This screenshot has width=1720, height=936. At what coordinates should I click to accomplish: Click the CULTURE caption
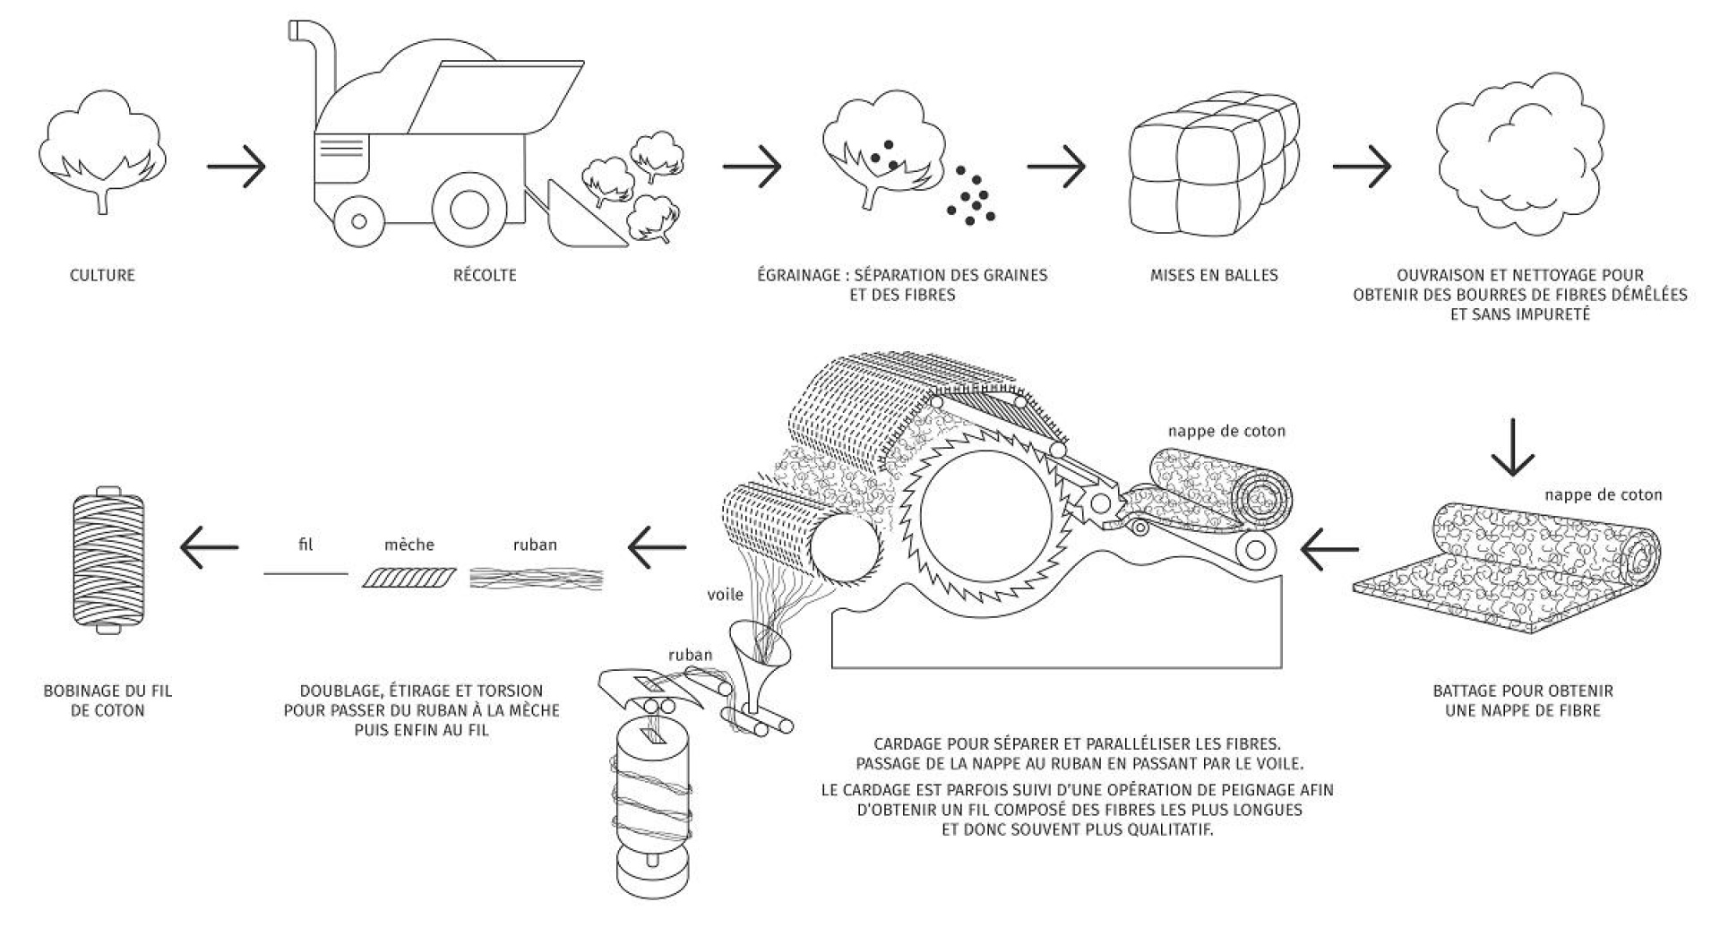pyautogui.click(x=102, y=275)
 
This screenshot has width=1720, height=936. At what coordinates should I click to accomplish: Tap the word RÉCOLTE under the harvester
pyautogui.click(x=485, y=275)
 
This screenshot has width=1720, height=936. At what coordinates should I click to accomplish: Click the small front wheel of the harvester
pyautogui.click(x=358, y=220)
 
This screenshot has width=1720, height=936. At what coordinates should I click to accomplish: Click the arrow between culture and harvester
pyautogui.click(x=236, y=167)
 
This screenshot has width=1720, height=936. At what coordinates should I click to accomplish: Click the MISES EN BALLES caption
pyautogui.click(x=1214, y=275)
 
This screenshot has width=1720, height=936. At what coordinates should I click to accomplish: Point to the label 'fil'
pyautogui.click(x=305, y=545)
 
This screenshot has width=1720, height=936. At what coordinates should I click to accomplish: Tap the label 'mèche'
pyautogui.click(x=409, y=545)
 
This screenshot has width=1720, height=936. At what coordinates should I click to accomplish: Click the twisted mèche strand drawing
pyautogui.click(x=409, y=578)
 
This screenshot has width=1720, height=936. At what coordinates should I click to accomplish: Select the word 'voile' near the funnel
pyautogui.click(x=725, y=594)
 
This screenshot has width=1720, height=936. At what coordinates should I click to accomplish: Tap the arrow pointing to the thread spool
pyautogui.click(x=209, y=547)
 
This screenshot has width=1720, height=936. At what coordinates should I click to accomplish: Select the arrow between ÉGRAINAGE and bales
pyautogui.click(x=1056, y=167)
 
